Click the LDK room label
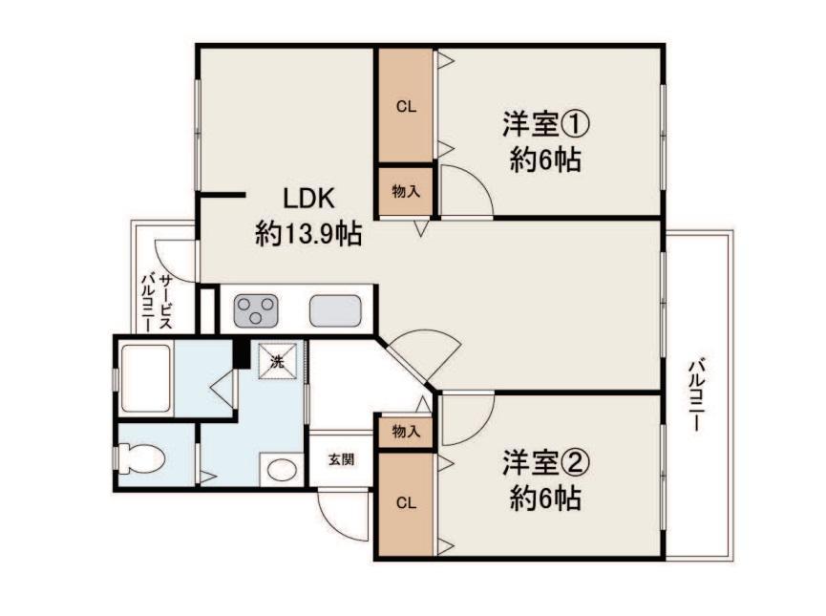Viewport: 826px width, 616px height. click(308, 200)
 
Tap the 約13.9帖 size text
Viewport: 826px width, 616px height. click(308, 233)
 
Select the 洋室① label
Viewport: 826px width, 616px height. click(545, 124)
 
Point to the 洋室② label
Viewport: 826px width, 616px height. click(545, 462)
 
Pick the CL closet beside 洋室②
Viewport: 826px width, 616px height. click(406, 503)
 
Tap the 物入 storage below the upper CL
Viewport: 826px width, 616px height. click(406, 191)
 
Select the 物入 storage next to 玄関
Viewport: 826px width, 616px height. click(406, 432)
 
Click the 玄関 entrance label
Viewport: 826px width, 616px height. click(341, 459)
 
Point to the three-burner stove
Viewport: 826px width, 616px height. click(256, 309)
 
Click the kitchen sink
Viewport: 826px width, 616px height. click(335, 310)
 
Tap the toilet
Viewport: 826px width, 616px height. click(141, 457)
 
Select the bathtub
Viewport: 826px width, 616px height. click(146, 377)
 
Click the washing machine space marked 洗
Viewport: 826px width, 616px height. click(277, 361)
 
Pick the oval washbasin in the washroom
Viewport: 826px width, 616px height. click(282, 469)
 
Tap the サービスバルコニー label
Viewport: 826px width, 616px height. click(157, 302)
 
